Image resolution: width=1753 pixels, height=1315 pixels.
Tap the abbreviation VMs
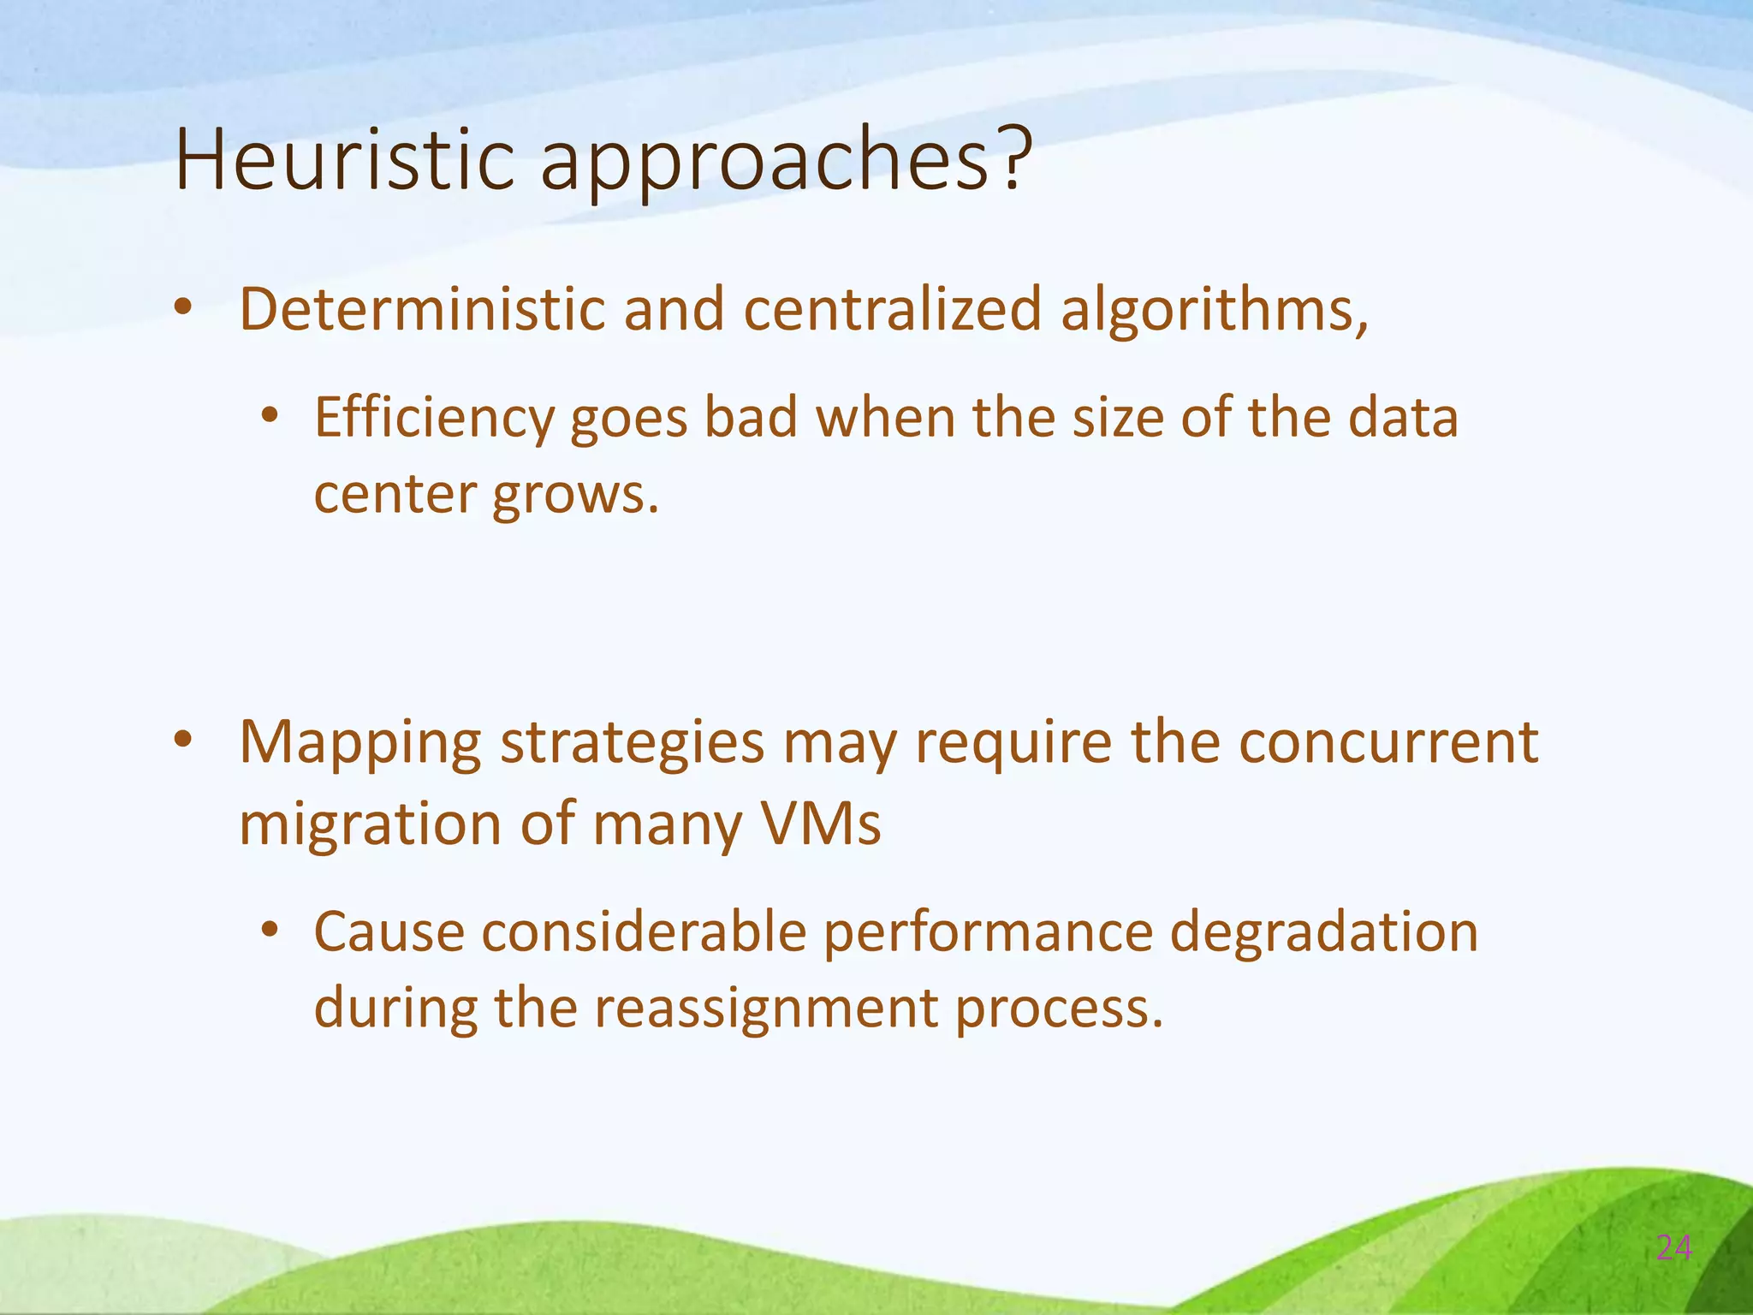tap(820, 824)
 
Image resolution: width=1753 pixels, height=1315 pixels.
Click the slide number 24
tap(1674, 1249)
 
